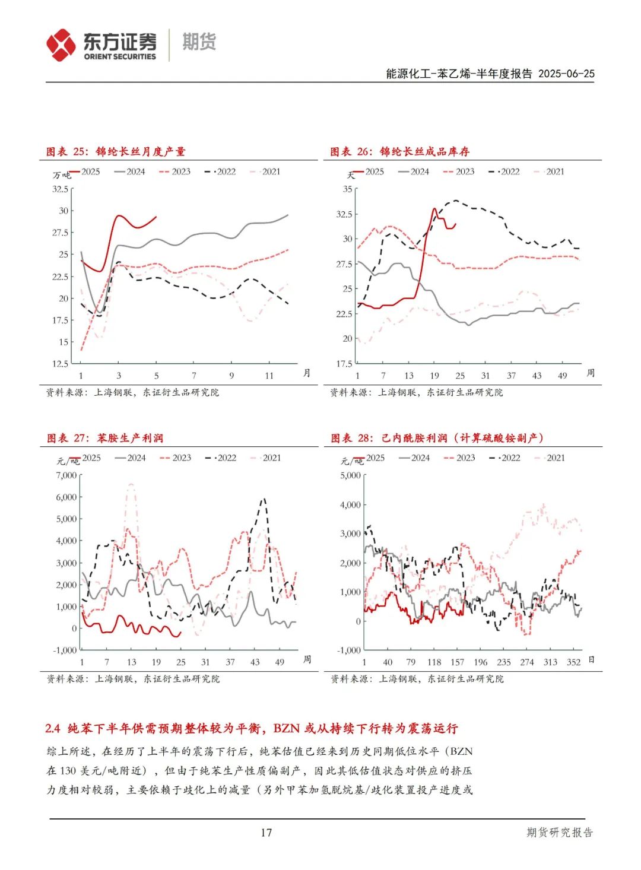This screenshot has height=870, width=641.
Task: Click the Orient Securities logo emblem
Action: pos(61,45)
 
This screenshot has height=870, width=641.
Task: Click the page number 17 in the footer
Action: pos(266,832)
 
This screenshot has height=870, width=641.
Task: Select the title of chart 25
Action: pos(116,152)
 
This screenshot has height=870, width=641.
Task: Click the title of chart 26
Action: pos(400,152)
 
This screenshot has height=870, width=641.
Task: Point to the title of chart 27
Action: pos(105,439)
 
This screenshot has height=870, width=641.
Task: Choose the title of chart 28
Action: pos(437,439)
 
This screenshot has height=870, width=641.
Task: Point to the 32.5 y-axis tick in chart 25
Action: pos(61,189)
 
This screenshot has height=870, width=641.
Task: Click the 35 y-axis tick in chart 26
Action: pos(348,189)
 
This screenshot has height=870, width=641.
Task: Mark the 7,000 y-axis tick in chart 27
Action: pos(66,475)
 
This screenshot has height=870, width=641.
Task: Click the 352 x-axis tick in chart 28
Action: pos(573,662)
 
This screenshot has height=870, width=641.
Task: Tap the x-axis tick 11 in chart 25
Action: pos(269,376)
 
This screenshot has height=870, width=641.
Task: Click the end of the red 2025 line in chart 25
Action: pos(156,217)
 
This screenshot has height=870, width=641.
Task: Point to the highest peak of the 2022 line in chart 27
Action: pos(264,499)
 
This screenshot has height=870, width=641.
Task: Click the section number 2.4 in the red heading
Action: pos(53,728)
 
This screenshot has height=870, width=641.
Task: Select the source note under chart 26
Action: pos(417,392)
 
